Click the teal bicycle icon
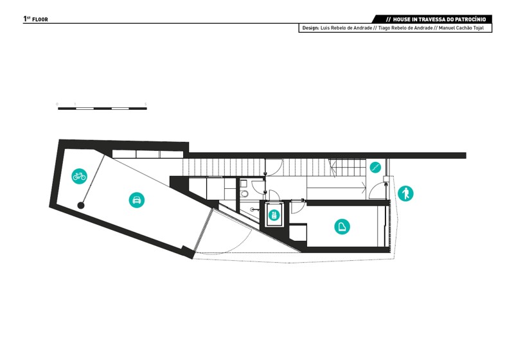click(79, 176)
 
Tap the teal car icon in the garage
click(137, 200)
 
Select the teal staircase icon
click(376, 168)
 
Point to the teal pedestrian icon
click(405, 193)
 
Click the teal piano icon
click(342, 227)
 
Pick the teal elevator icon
click(274, 215)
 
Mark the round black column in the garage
click(81, 206)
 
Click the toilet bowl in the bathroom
click(244, 193)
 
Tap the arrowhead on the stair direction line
click(364, 188)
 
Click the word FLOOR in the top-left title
click(40, 20)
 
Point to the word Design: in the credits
click(310, 28)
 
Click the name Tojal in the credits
click(478, 28)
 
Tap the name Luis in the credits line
click(325, 28)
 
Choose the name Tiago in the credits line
click(384, 28)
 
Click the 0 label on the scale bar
click(57, 104)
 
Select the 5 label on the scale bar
click(146, 104)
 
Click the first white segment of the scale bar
click(85, 109)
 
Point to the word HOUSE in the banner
click(402, 19)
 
